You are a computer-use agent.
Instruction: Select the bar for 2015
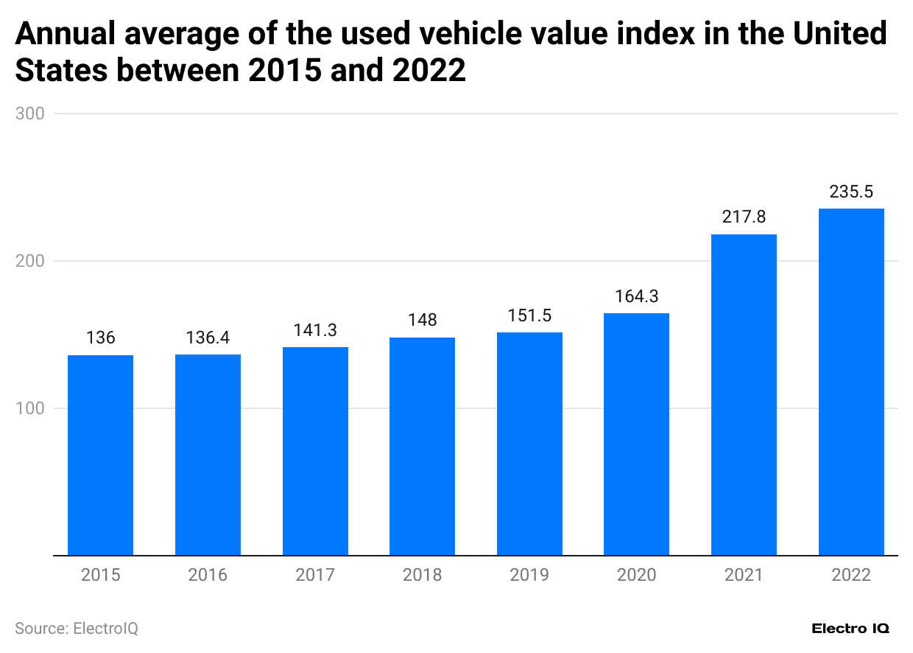pyautogui.click(x=100, y=455)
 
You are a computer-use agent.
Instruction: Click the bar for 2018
pyautogui.click(x=422, y=446)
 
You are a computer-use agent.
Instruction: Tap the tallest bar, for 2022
pyautogui.click(x=851, y=382)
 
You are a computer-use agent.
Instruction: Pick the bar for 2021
pyautogui.click(x=744, y=394)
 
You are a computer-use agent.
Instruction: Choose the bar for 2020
pyautogui.click(x=636, y=434)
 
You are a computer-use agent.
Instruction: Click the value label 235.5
pyautogui.click(x=851, y=192)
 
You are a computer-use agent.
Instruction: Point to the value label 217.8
pyautogui.click(x=744, y=217)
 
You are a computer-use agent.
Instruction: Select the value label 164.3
pyautogui.click(x=636, y=296)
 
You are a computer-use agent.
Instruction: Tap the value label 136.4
pyautogui.click(x=208, y=338)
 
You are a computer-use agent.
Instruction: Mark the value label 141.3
pyautogui.click(x=315, y=330)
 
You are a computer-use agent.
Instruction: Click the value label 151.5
pyautogui.click(x=529, y=315)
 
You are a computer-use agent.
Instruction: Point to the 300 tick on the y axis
pyautogui.click(x=30, y=114)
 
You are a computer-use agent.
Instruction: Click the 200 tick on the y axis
pyautogui.click(x=30, y=261)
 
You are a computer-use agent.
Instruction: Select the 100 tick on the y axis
pyautogui.click(x=30, y=408)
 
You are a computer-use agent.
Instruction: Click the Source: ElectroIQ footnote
pyautogui.click(x=77, y=629)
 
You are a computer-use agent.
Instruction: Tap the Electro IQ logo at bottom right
pyautogui.click(x=850, y=629)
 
